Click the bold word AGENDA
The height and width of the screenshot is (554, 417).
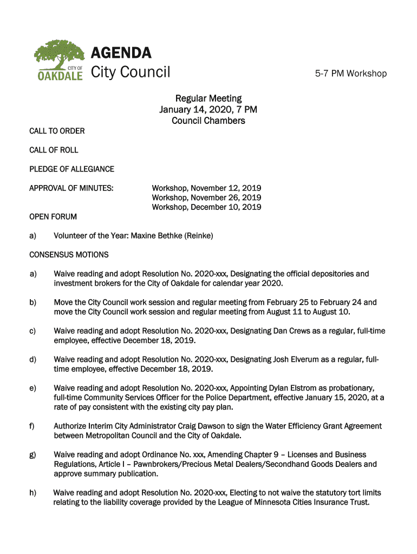coord(121,53)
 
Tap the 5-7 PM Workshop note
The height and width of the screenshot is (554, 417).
coord(351,74)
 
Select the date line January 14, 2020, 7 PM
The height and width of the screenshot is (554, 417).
coord(208,110)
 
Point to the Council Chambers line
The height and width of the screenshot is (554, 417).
coord(208,121)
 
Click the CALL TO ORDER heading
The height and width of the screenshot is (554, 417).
coord(57,131)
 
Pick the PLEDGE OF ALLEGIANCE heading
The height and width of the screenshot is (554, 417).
coord(71,169)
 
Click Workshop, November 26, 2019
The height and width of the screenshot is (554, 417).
coord(206,197)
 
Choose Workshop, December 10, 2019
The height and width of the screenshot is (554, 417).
coord(206,207)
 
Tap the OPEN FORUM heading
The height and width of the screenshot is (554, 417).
coord(53,216)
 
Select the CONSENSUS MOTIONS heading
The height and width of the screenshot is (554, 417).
coord(69,254)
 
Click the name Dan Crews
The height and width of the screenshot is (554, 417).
coord(292,331)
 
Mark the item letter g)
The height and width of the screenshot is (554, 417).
coord(34,454)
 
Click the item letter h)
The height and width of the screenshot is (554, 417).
coord(34,493)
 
